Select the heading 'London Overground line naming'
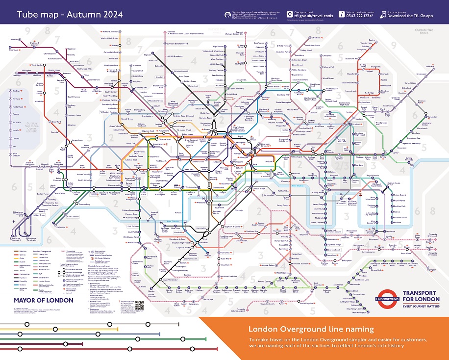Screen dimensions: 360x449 tap(311, 329)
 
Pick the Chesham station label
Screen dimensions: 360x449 tap(14, 39)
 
